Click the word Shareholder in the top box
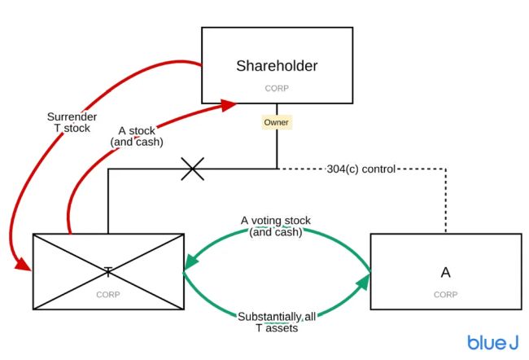point(277,65)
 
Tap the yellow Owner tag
point(277,122)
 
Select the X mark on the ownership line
point(192,169)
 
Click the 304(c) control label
point(361,169)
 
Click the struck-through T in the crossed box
point(107,270)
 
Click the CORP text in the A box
point(444,293)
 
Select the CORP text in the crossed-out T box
point(107,292)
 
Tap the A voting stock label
point(275,226)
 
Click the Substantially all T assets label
point(275,322)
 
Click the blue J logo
point(493,342)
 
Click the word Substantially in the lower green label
point(268,316)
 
